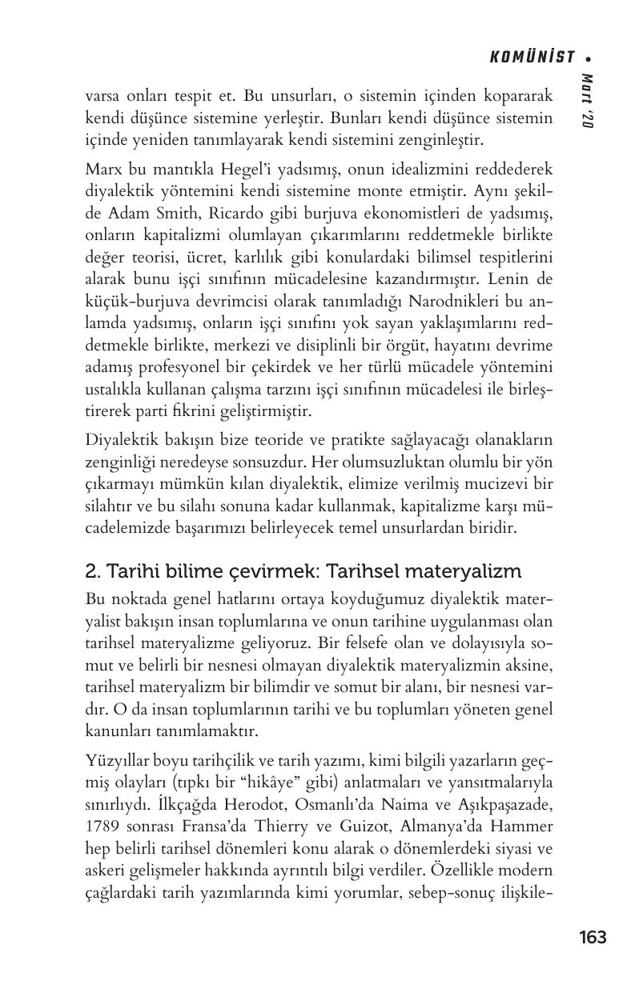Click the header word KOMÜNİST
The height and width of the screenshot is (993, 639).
pyautogui.click(x=532, y=57)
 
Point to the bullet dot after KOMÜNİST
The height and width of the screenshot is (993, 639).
pyautogui.click(x=589, y=58)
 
